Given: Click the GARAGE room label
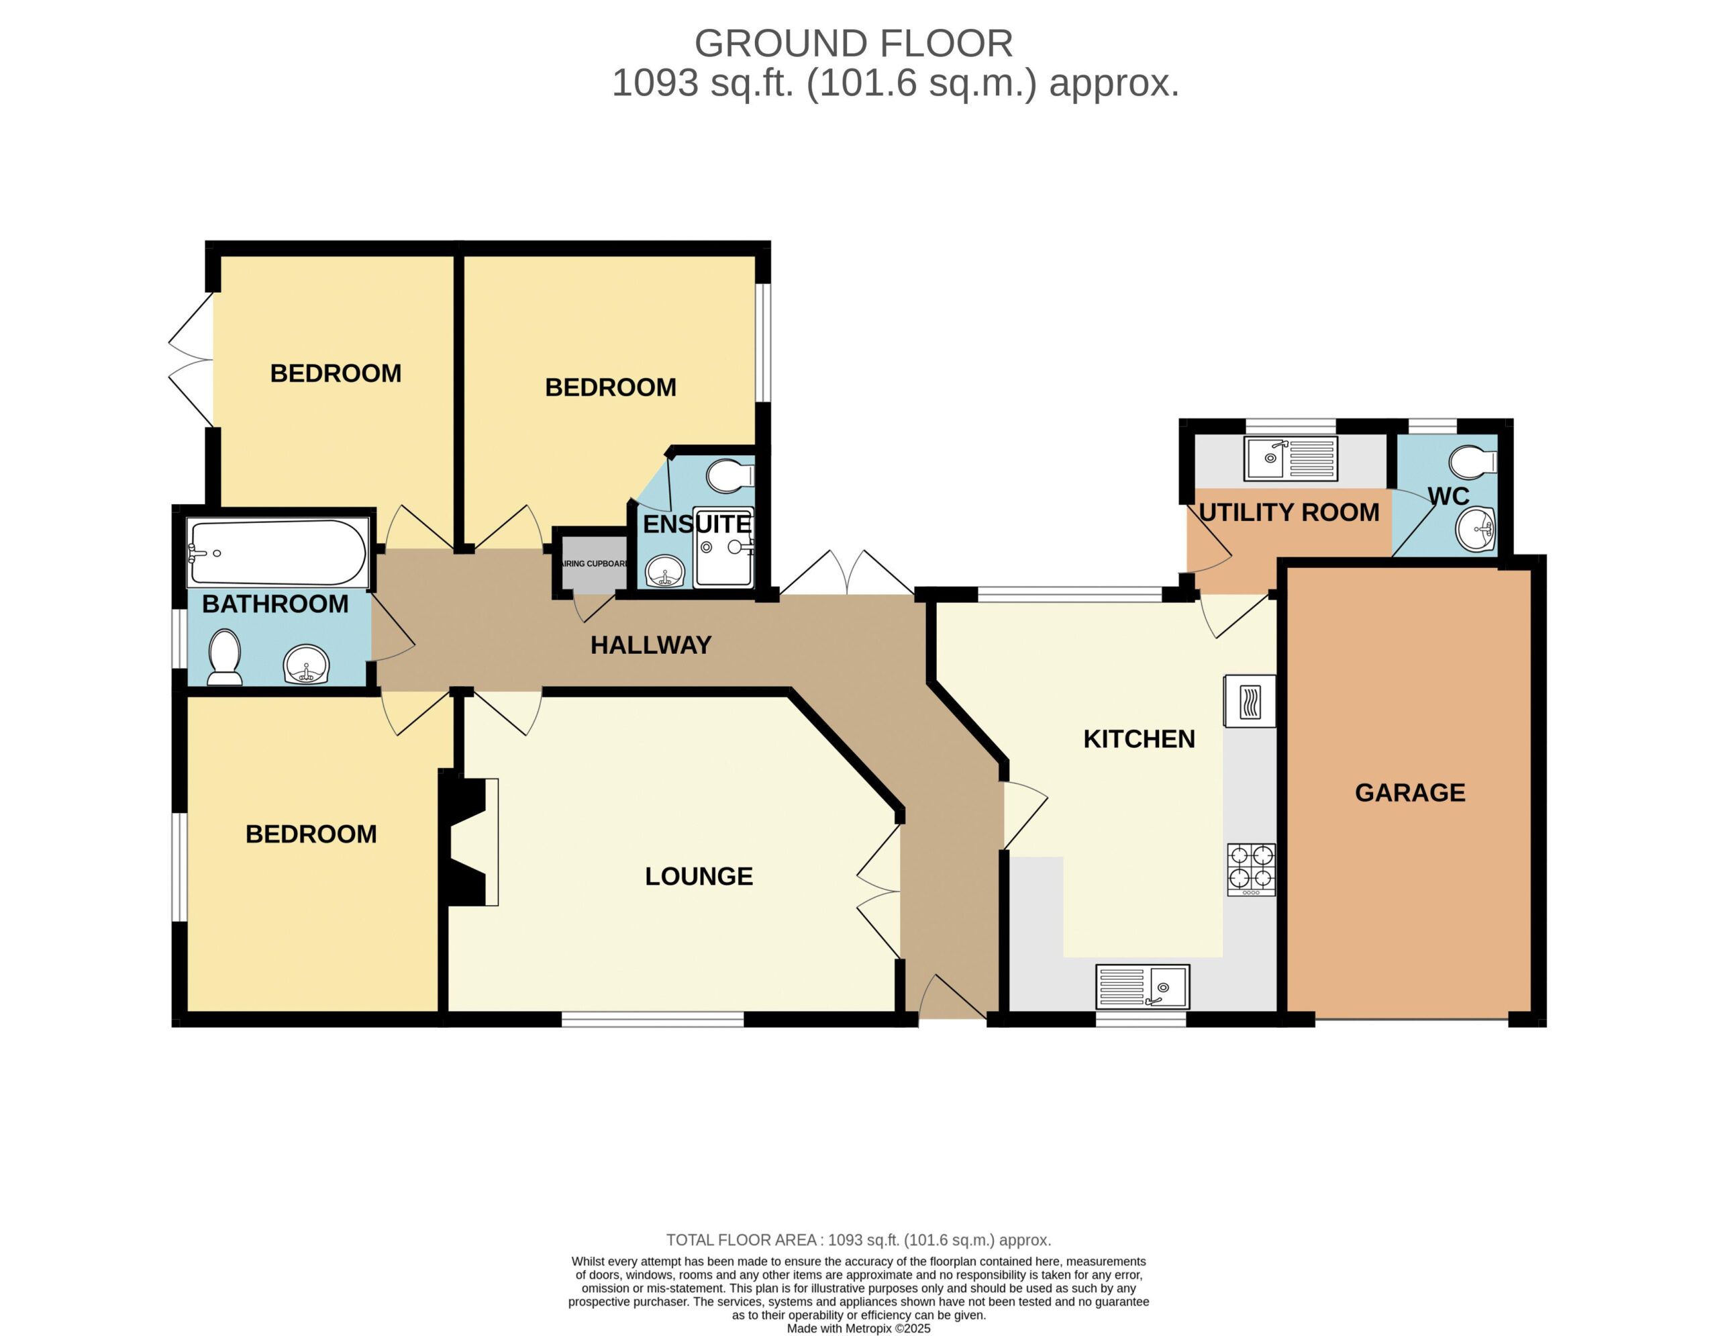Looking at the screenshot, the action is pos(1410,792).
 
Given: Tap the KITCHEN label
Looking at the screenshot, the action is pos(1139,738).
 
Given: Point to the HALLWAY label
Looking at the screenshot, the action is pos(650,645).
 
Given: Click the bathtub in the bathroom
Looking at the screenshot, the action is pos(278,553).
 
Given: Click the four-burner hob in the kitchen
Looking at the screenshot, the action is pos(1252,869).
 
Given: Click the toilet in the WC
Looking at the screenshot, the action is pos(1472,463).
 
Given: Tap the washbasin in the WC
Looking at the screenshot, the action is pos(1476,530).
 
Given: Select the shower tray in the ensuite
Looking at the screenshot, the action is pos(723,548).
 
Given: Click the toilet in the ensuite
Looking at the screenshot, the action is pos(730,476).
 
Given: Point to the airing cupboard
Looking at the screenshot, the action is pos(594,563).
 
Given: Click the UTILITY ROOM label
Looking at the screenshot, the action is pos(1288,512).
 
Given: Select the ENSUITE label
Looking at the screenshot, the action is pos(697,524).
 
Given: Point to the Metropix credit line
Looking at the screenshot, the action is pos(858,1329).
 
